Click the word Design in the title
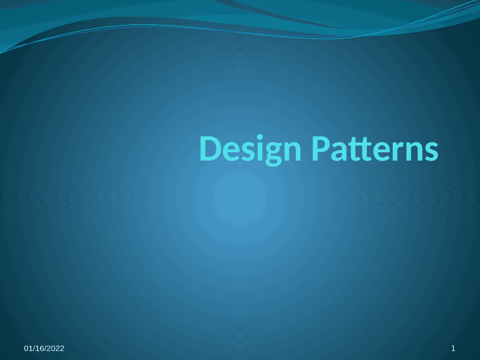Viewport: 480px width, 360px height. (x=250, y=149)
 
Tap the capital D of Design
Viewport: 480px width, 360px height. (x=210, y=149)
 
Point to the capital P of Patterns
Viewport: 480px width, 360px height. (x=321, y=149)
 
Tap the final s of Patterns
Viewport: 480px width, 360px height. (x=432, y=151)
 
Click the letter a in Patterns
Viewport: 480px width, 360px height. (x=338, y=151)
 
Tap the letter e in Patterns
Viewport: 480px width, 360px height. (x=377, y=151)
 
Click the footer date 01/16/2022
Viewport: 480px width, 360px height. (x=44, y=348)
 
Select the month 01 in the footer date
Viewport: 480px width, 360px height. (x=28, y=348)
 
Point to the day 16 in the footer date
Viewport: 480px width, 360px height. (x=39, y=348)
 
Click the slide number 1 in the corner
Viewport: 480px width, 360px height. (x=453, y=348)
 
